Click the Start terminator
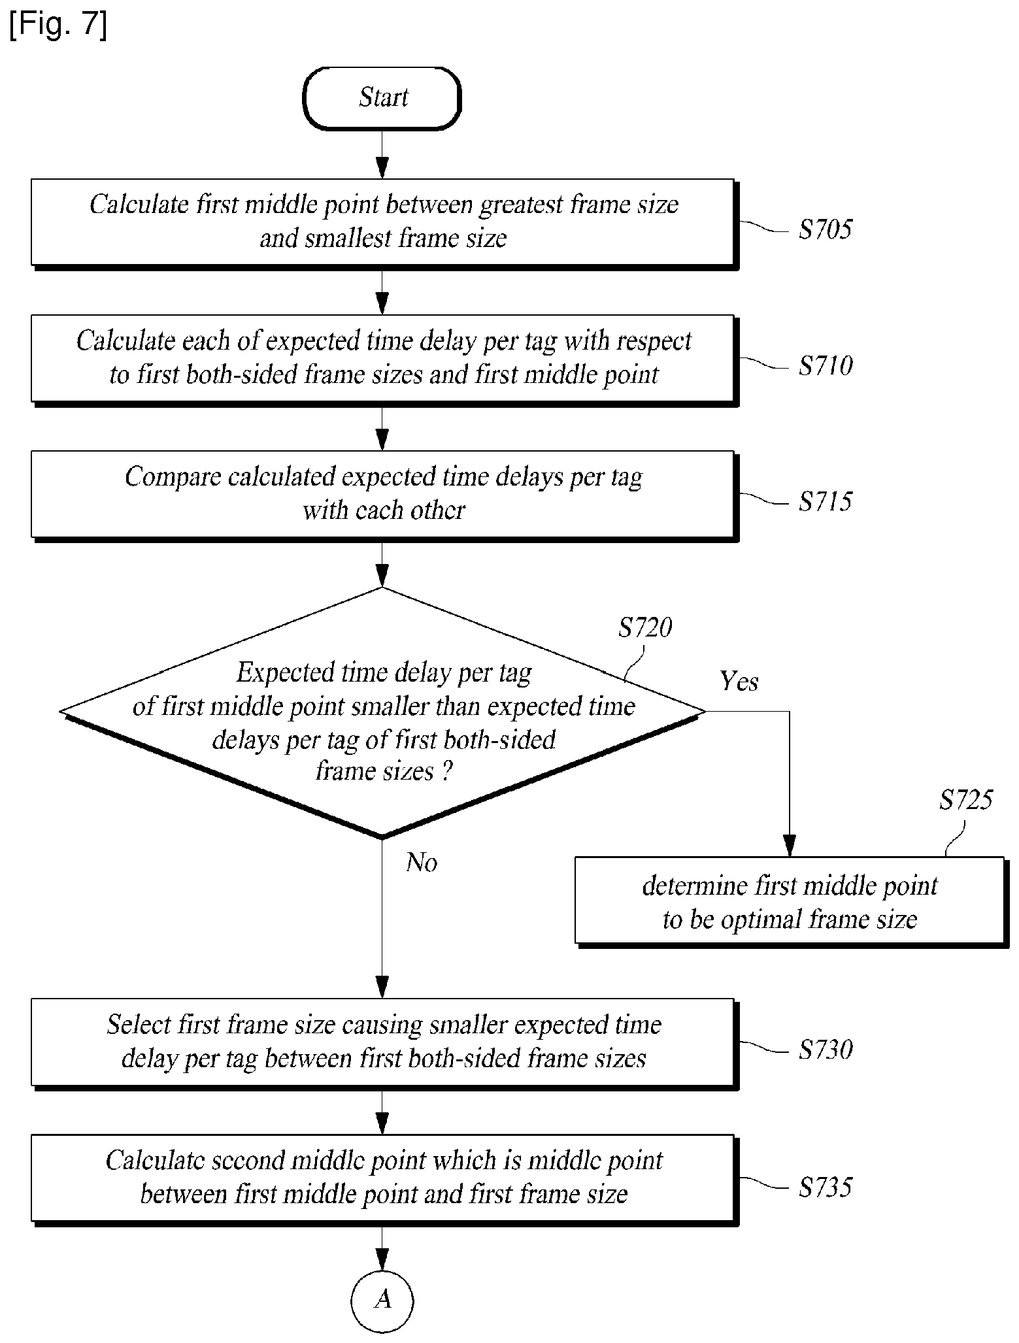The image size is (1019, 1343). coord(382,98)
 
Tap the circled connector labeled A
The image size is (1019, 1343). coord(382,1301)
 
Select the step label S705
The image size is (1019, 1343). coord(826,229)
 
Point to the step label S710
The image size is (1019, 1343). coord(826,365)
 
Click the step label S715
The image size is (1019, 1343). coord(826,501)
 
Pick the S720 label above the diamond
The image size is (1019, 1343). coord(645,628)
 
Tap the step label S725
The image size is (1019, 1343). coord(966,800)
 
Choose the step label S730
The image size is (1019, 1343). coord(826,1050)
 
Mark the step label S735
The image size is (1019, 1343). coord(826,1187)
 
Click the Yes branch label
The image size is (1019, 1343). coord(739,682)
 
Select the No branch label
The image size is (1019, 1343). coord(422,863)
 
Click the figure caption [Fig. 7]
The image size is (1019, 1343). coord(58,26)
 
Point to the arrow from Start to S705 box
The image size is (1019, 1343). coord(382,154)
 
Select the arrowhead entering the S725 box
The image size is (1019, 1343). coord(790,846)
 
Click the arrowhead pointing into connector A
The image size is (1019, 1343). coord(382,1259)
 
